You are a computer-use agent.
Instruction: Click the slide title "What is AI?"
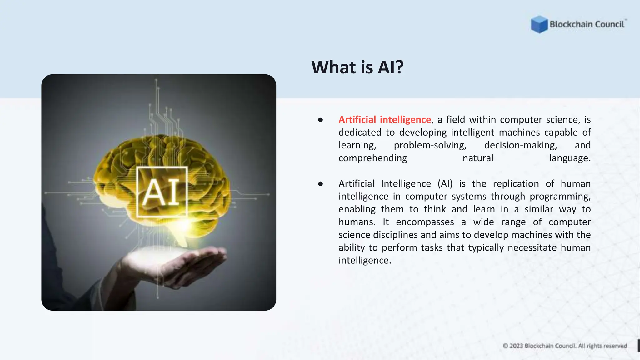point(357,67)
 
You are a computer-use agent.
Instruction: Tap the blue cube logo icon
point(539,24)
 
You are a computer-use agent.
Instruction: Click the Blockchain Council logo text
point(587,24)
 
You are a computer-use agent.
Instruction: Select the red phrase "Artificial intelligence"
point(385,120)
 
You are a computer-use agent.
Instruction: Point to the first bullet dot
point(320,120)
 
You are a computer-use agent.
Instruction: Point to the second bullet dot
point(320,184)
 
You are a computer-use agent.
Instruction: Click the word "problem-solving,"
point(430,145)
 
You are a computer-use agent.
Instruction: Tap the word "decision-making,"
point(520,145)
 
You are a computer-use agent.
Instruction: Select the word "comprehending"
point(373,158)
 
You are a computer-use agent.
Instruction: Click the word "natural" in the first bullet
point(478,158)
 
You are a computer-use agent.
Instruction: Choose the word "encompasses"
point(425,222)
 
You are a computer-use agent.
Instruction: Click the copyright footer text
point(565,346)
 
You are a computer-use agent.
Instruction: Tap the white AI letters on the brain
point(161,192)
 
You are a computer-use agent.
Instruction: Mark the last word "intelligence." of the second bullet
point(365,261)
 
